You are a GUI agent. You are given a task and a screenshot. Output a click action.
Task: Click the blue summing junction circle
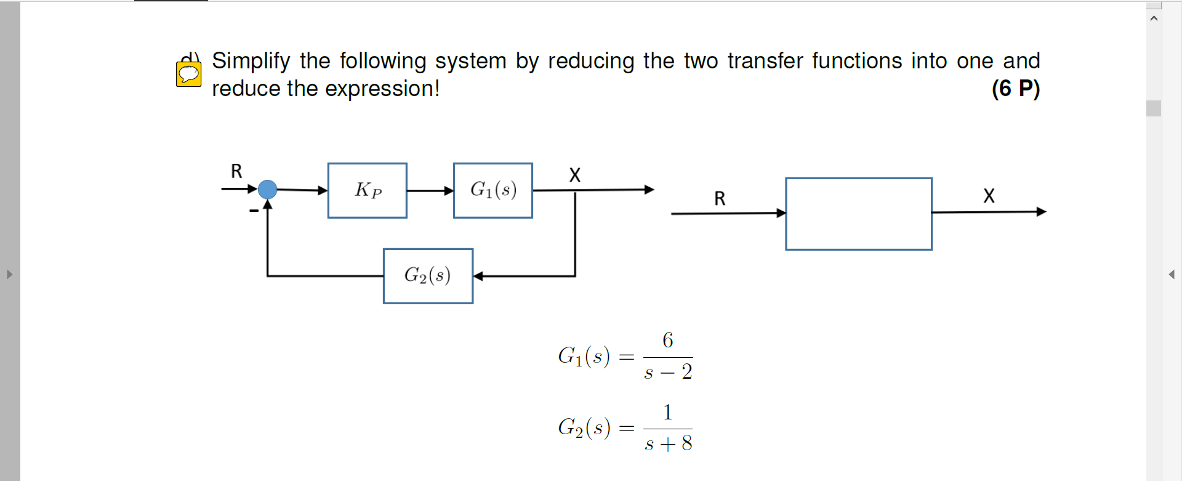267,189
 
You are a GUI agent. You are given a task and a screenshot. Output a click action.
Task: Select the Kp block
368,190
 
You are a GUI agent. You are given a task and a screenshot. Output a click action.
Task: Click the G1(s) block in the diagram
493,190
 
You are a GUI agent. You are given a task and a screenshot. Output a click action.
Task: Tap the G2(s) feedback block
428,276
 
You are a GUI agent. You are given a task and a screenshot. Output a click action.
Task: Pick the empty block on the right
859,214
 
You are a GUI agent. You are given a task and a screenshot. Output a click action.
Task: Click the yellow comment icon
188,75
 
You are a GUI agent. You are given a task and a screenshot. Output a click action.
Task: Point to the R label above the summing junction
236,171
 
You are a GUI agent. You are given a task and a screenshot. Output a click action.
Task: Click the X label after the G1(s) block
575,175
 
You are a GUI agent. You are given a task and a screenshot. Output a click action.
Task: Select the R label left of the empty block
720,198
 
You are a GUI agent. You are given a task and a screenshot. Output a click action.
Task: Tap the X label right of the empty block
989,196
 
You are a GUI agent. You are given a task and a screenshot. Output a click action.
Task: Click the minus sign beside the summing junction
254,211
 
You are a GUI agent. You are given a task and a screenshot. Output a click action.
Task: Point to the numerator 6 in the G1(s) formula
668,340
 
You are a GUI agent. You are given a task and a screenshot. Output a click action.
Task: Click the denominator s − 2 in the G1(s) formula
668,372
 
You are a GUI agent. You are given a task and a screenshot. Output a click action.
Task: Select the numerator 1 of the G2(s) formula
668,412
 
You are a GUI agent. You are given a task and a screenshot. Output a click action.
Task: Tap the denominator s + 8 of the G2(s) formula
668,443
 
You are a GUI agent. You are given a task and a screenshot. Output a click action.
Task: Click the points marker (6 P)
1015,89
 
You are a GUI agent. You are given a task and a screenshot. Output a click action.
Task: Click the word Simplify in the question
251,61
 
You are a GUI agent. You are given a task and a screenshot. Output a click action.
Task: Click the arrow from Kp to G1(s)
430,191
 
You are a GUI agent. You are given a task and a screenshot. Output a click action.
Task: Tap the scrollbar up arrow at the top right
1154,18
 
